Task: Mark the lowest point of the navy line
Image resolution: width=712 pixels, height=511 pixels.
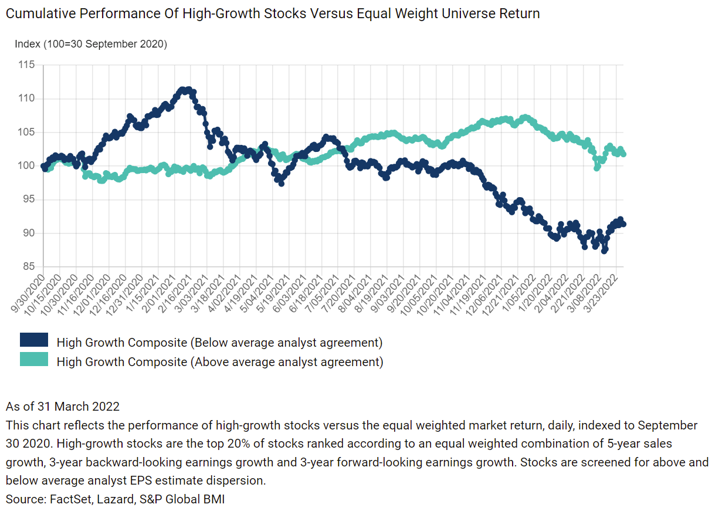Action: (605, 251)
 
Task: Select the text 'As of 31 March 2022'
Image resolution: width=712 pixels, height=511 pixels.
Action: (63, 407)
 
